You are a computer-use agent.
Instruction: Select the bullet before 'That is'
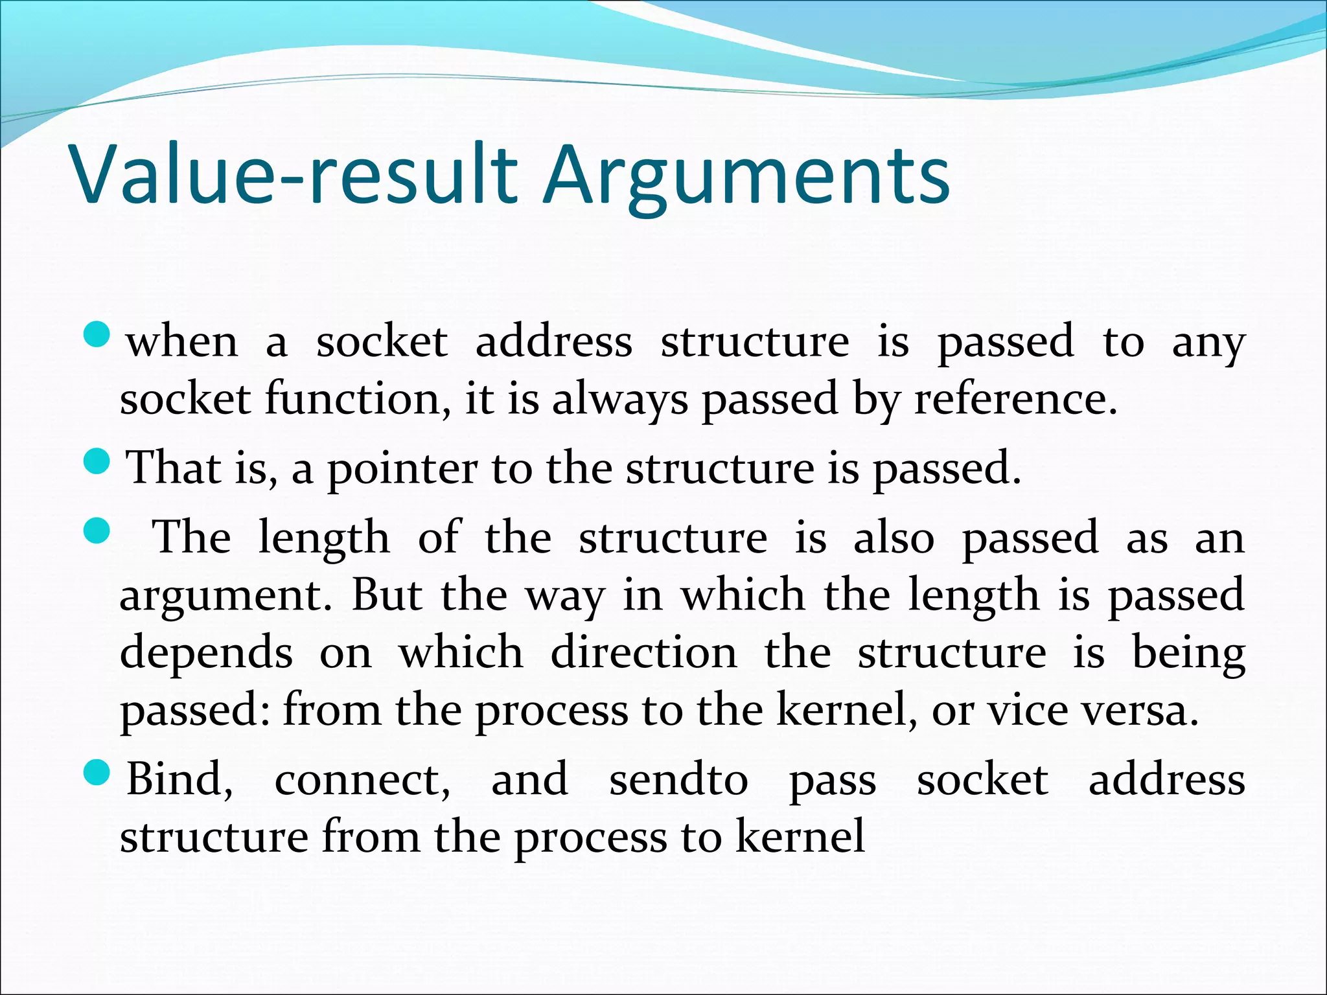(98, 462)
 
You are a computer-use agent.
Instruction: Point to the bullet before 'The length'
(98, 531)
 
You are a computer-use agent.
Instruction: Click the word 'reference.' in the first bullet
(1015, 399)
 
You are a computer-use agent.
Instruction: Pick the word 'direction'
(643, 652)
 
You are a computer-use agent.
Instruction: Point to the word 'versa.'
(1140, 711)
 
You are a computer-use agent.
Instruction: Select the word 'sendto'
(678, 780)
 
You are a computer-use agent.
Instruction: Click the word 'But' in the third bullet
(387, 595)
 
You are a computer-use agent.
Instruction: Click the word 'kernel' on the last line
(800, 837)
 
